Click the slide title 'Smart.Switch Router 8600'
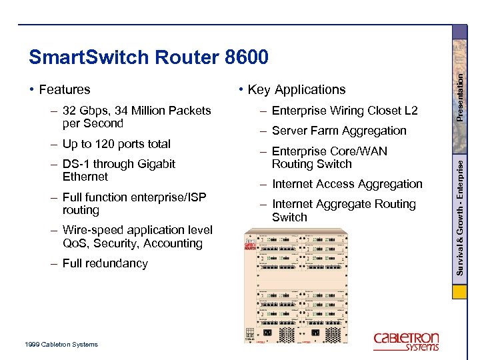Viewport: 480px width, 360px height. tap(149, 58)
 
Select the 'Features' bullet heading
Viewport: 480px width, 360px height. tap(65, 89)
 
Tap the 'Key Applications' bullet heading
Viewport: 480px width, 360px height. tap(297, 89)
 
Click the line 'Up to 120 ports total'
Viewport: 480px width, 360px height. tap(116, 144)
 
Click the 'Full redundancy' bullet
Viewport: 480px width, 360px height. tap(105, 263)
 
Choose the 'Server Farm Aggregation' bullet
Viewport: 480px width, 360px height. tap(339, 131)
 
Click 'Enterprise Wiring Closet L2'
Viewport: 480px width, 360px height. tap(345, 111)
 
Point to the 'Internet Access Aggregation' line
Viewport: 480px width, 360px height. tap(347, 184)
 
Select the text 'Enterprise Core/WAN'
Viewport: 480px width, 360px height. tap(329, 151)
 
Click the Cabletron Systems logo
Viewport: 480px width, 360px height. tap(406, 341)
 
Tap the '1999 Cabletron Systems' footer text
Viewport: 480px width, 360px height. tap(61, 345)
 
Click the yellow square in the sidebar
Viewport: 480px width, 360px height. tap(460, 291)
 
